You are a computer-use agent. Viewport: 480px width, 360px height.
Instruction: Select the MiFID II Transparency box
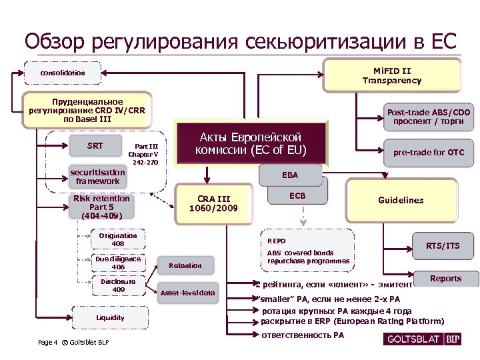[x=392, y=75]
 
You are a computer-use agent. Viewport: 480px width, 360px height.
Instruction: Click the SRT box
[x=95, y=146]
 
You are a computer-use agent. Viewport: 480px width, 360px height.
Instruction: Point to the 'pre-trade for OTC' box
[x=428, y=153]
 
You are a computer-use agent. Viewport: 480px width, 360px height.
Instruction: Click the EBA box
[x=289, y=175]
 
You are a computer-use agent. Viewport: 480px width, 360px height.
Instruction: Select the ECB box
[x=297, y=195]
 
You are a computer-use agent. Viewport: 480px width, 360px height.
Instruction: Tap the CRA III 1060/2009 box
[x=214, y=203]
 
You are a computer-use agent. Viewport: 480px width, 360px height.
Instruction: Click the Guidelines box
[x=401, y=200]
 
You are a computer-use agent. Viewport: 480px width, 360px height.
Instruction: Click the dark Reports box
[x=445, y=279]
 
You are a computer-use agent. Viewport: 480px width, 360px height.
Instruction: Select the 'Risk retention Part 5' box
[x=102, y=207]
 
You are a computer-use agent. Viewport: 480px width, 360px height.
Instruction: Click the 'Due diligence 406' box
[x=118, y=263]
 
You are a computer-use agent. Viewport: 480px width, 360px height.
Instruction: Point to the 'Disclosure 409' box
[x=118, y=286]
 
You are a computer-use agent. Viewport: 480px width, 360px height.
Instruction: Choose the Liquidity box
[x=110, y=318]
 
